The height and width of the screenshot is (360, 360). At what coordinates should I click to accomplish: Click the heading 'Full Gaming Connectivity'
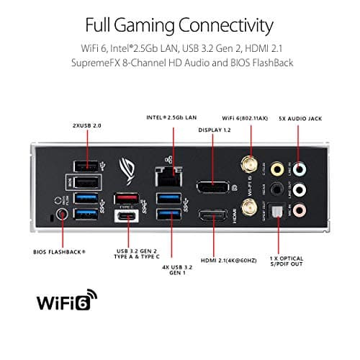pyautogui.click(x=179, y=27)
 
